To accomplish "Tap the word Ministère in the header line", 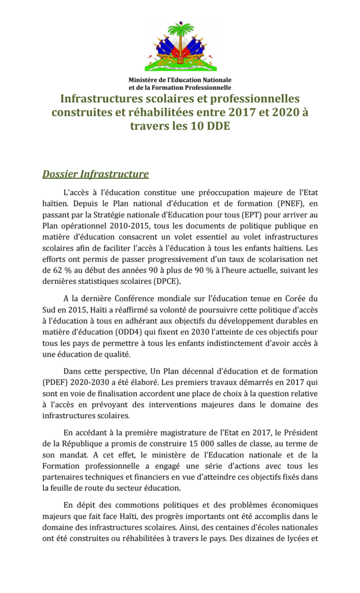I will (144, 79).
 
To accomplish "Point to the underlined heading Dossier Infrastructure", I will (95, 174).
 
